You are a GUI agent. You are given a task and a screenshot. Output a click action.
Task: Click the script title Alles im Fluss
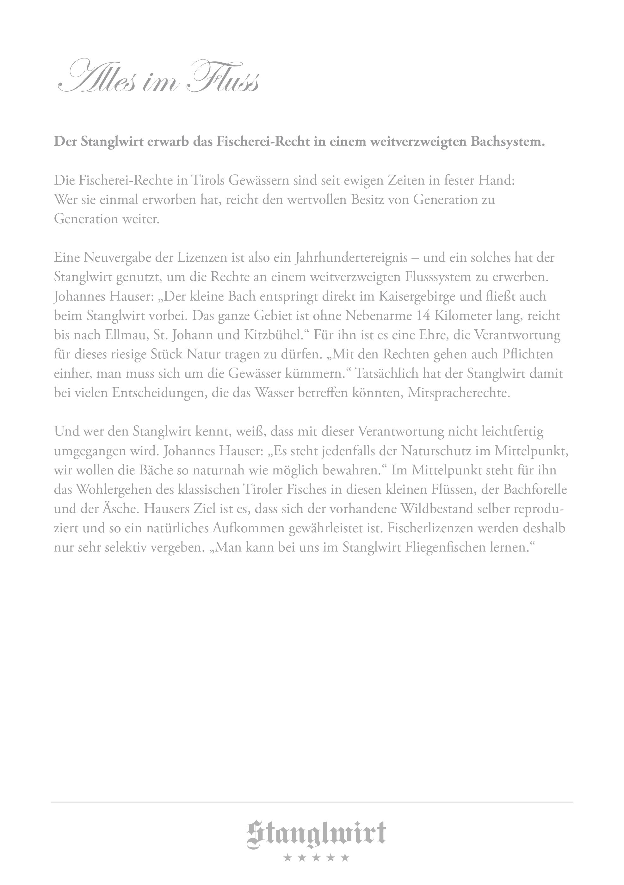pos(158,77)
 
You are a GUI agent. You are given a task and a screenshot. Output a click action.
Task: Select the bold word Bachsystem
pos(508,142)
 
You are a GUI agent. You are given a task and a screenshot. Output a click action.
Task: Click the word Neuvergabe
pos(117,258)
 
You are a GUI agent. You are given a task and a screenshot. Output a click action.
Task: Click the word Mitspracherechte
pos(459,393)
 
